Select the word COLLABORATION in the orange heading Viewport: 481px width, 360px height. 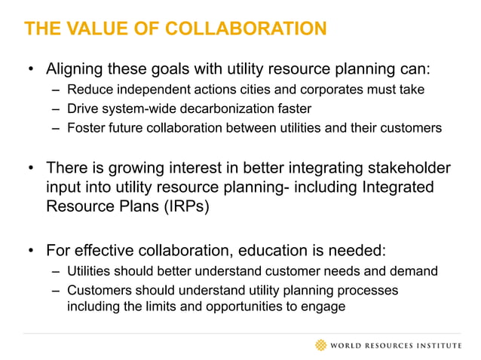(246, 29)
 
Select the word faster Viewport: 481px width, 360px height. (294, 109)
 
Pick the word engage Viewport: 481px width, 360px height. (325, 307)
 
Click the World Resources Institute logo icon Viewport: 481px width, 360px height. (322, 346)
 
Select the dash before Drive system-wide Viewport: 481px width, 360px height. (57, 109)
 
